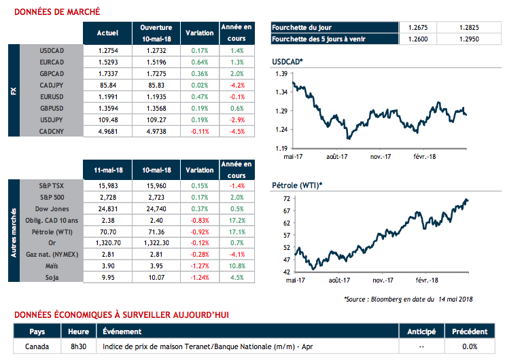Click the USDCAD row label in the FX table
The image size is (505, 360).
[52, 50]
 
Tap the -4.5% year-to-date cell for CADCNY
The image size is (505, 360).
[237, 131]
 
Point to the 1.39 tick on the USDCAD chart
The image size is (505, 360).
[279, 72]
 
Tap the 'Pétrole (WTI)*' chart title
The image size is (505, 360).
[296, 185]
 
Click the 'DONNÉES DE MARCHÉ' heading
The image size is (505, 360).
[57, 12]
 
